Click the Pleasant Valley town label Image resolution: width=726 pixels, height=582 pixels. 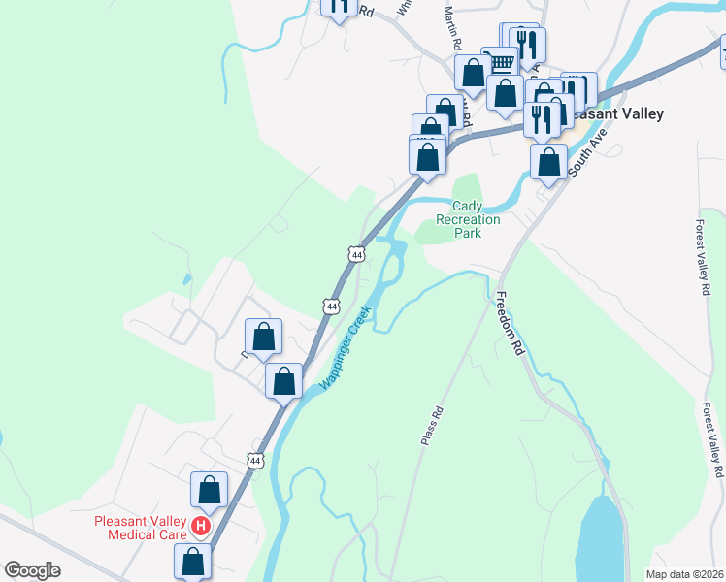coord(614,113)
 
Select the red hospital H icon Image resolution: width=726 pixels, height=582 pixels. coord(201,527)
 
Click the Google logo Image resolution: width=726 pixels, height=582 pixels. coord(32,570)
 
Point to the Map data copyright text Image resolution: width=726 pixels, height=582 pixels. coord(685,574)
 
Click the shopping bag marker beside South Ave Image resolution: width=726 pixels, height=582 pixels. coord(548,161)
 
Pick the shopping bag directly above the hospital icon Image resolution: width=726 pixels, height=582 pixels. coord(210,489)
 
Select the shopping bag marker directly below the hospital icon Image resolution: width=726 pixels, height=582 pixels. coord(193,560)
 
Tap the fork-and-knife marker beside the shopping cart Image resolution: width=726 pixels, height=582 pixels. coord(527,44)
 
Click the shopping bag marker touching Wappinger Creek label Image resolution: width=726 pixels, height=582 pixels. coord(284,380)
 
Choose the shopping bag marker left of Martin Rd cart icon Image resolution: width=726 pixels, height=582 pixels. coord(474,73)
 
